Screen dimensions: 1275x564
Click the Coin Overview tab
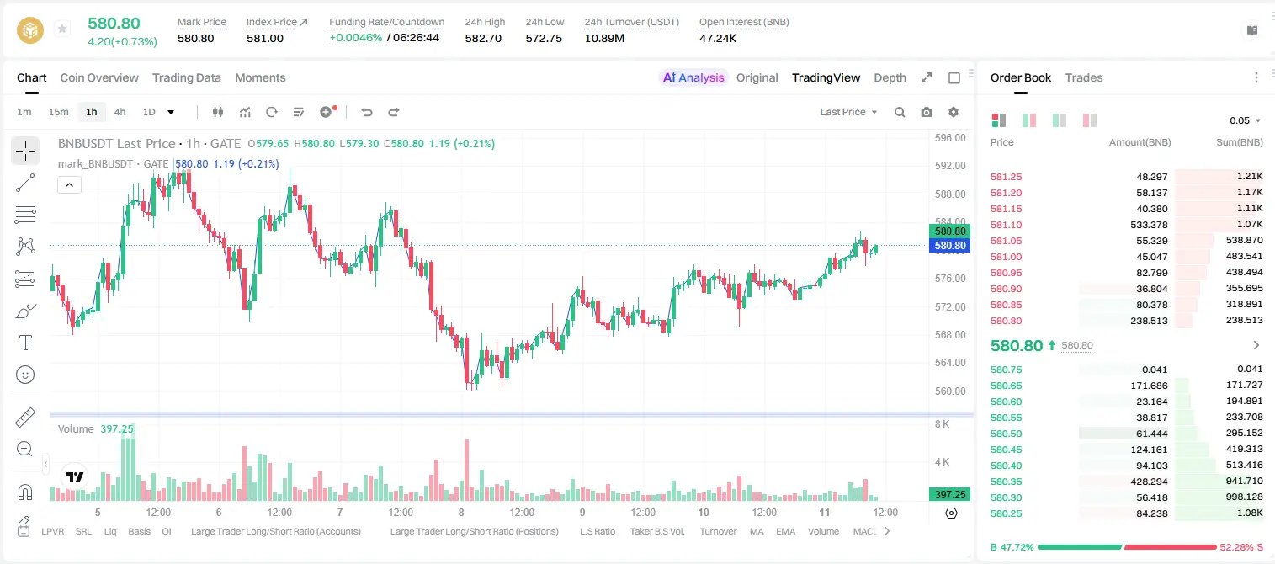tap(99, 77)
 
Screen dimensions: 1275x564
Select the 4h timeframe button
tap(120, 112)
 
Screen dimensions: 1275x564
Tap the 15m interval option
tap(59, 112)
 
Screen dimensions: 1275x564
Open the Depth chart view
tap(890, 77)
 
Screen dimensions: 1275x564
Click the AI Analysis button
tap(693, 77)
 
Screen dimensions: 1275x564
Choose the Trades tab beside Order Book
tap(1084, 77)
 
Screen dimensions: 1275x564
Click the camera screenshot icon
tap(927, 112)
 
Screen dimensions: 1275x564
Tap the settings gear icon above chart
tap(954, 112)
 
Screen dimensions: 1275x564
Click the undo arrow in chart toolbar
tap(367, 112)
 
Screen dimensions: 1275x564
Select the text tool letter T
tap(25, 343)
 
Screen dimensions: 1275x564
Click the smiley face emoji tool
tap(25, 375)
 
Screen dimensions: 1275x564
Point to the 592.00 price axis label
tap(950, 166)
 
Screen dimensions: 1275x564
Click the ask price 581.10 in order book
tap(1006, 225)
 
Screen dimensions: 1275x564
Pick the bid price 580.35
tap(1006, 482)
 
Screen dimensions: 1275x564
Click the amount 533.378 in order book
tap(1149, 225)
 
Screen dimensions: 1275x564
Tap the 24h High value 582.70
tap(483, 38)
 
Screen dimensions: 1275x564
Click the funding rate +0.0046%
tap(356, 38)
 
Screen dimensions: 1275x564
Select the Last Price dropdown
tap(848, 112)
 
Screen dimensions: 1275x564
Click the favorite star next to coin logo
tap(62, 29)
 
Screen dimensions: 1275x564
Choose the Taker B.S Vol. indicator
tap(656, 531)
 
